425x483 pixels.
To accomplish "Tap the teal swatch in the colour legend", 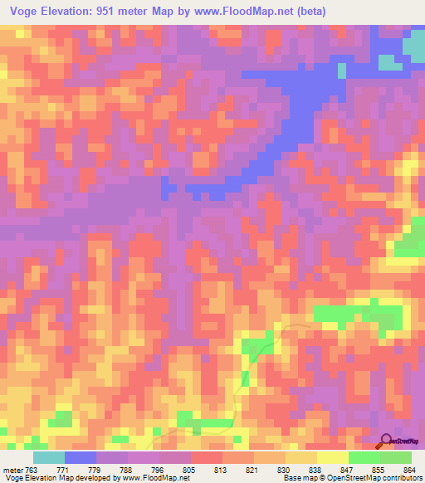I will click(49, 457).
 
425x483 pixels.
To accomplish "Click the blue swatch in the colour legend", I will click(81, 457).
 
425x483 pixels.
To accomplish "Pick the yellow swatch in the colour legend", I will click(332, 457).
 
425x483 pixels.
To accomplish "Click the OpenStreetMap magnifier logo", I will click(388, 440).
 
